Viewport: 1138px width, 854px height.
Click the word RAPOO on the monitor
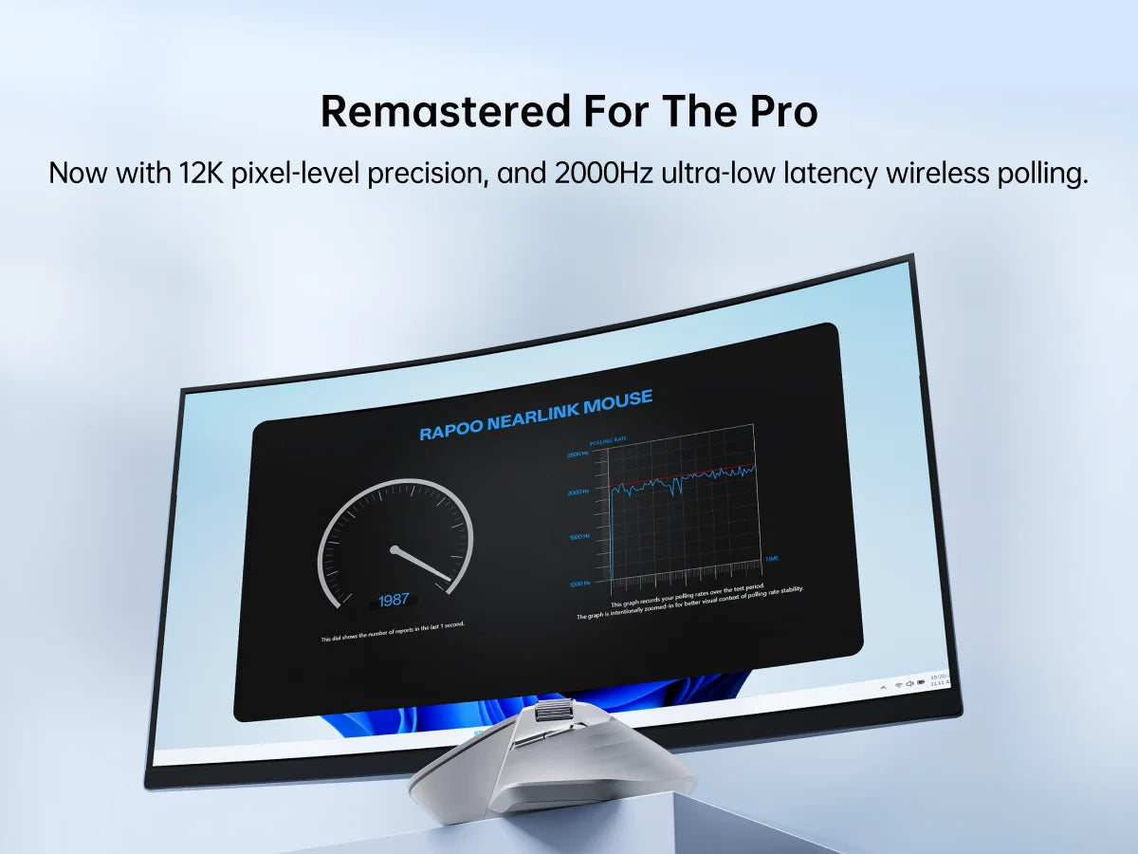tap(451, 431)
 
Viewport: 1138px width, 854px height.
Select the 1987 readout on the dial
tap(394, 600)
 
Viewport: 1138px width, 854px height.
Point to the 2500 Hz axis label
tap(578, 455)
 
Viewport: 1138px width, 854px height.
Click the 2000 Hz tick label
tap(578, 492)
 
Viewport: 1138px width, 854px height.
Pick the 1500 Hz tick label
tap(578, 537)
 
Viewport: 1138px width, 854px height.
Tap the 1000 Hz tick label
tap(579, 583)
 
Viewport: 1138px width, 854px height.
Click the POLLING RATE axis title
tap(608, 442)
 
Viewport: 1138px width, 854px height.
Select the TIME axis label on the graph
tap(771, 559)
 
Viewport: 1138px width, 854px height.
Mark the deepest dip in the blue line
tap(677, 494)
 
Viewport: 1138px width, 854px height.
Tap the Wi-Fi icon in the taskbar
tap(897, 684)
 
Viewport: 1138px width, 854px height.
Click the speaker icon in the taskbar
tap(909, 683)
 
